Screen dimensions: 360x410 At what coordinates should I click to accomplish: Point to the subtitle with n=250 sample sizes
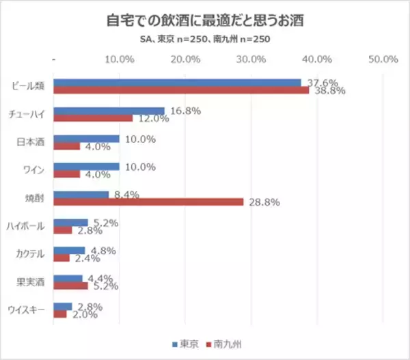click(x=205, y=39)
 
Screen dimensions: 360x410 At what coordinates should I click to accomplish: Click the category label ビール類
click(x=29, y=87)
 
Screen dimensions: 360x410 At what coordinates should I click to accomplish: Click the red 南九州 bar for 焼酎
click(x=148, y=202)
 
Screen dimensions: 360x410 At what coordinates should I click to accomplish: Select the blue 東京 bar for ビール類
click(x=177, y=83)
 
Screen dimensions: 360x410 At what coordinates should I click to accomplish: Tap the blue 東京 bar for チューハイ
click(x=109, y=111)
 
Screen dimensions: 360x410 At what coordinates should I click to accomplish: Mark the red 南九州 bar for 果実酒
click(x=70, y=286)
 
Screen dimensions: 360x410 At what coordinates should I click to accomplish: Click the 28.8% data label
click(x=266, y=203)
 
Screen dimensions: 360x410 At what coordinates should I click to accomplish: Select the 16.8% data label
click(x=185, y=111)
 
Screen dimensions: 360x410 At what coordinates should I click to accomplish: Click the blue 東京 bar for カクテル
click(x=69, y=249)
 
